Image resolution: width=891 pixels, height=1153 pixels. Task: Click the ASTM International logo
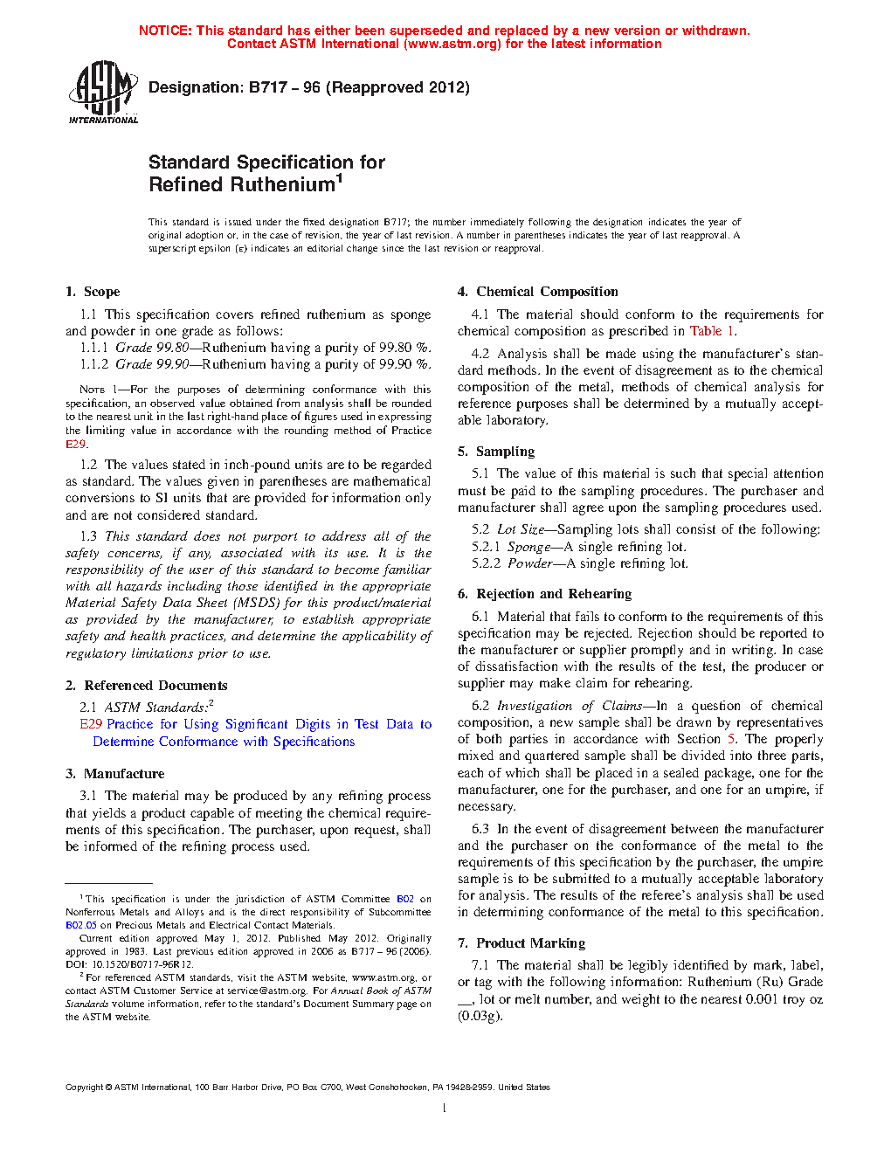(x=103, y=92)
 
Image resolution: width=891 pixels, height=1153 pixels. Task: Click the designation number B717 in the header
(x=268, y=87)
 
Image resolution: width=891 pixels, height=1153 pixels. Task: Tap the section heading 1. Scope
(x=93, y=292)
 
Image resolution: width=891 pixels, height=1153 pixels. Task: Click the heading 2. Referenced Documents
(x=147, y=686)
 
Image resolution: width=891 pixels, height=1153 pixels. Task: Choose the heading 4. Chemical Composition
(x=537, y=292)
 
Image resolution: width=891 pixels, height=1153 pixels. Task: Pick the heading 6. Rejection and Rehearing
(x=544, y=594)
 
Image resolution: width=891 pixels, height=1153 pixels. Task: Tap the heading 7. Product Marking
(x=521, y=943)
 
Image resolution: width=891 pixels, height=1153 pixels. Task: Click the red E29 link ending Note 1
(x=75, y=444)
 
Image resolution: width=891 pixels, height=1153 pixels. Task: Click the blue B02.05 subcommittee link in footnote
(x=80, y=925)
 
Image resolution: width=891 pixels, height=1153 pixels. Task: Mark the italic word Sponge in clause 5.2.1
(x=529, y=547)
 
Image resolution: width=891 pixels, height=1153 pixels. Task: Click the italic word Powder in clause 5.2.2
(x=530, y=563)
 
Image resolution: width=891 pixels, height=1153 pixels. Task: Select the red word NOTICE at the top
(x=165, y=31)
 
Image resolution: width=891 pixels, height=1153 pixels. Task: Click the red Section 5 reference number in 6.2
(x=732, y=739)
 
